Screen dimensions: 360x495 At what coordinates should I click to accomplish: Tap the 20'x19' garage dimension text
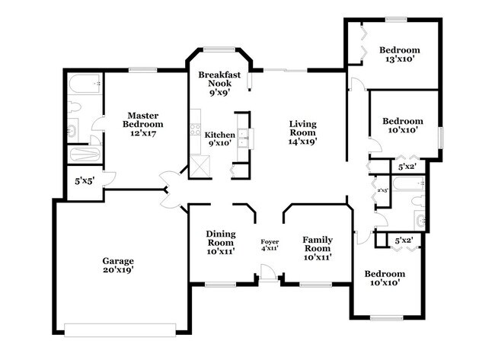[x=118, y=270]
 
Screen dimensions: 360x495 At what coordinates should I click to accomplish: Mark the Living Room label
[x=302, y=127]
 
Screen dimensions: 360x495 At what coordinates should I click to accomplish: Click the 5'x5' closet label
[x=84, y=182]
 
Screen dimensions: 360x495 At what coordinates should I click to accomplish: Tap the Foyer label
[x=270, y=241]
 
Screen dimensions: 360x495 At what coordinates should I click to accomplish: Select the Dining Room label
[x=221, y=237]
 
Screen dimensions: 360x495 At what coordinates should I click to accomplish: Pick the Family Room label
[x=318, y=243]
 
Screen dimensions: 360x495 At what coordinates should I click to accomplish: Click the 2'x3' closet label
[x=382, y=190]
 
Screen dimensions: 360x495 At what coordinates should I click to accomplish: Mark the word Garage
[x=118, y=260]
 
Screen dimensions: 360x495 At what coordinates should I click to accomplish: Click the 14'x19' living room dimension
[x=302, y=141]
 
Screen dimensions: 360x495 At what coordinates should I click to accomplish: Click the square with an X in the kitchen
[x=200, y=165]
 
